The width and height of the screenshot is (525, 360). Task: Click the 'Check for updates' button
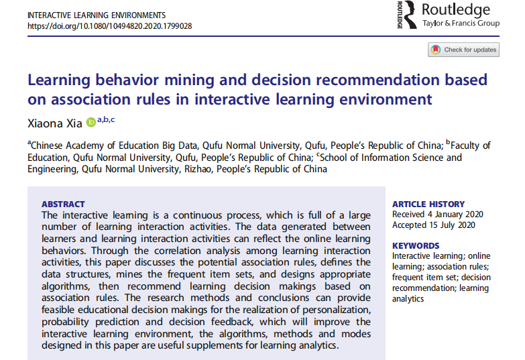pyautogui.click(x=464, y=50)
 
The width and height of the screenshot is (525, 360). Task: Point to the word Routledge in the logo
pyautogui.click(x=455, y=10)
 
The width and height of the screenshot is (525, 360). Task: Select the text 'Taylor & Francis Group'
pyautogui.click(x=461, y=24)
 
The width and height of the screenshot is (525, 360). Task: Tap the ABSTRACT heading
pyautogui.click(x=64, y=204)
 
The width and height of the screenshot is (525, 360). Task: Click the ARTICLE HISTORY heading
pyautogui.click(x=428, y=204)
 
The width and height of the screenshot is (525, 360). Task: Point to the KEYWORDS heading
pyautogui.click(x=416, y=245)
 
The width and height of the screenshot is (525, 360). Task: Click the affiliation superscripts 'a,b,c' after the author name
pyautogui.click(x=107, y=119)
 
